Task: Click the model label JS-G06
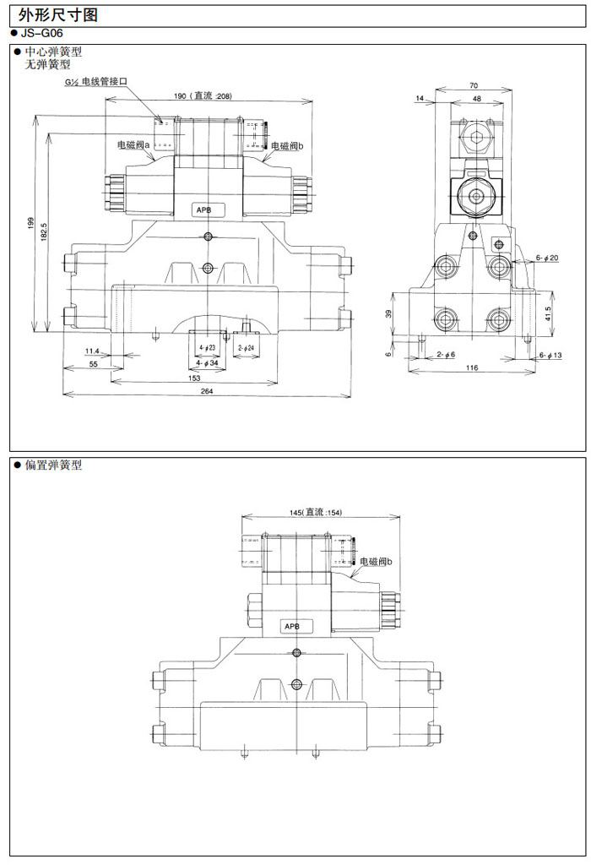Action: (41, 33)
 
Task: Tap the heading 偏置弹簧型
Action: (52, 465)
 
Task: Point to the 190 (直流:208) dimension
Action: (203, 95)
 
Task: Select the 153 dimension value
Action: (194, 377)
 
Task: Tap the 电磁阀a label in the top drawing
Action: (133, 145)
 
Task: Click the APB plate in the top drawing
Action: (204, 209)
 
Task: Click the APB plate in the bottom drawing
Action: (292, 626)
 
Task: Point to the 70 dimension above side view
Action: (473, 85)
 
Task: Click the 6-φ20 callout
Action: (546, 258)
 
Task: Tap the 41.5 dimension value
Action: (549, 313)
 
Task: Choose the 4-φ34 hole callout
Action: (207, 363)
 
